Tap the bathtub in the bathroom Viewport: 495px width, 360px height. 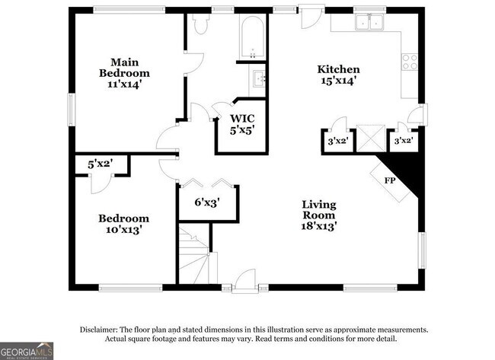[252, 37]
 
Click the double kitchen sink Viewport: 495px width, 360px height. [369, 22]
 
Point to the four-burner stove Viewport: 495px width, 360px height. [410, 62]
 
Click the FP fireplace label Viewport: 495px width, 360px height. [390, 181]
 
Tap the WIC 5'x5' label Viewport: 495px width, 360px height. [242, 124]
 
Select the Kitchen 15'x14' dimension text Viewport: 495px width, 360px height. [339, 81]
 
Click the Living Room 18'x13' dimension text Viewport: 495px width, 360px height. [318, 226]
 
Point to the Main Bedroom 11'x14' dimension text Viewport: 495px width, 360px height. [123, 84]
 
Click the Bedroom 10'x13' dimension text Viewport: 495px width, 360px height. [123, 230]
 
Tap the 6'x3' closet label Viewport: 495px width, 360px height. [207, 202]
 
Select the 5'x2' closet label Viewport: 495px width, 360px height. [101, 164]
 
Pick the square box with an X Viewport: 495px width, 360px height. [371, 139]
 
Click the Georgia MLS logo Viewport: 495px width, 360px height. [27, 351]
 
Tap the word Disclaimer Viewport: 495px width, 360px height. [99, 330]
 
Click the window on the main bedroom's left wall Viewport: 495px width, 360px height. [71, 110]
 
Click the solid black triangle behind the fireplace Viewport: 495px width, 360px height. [407, 170]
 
